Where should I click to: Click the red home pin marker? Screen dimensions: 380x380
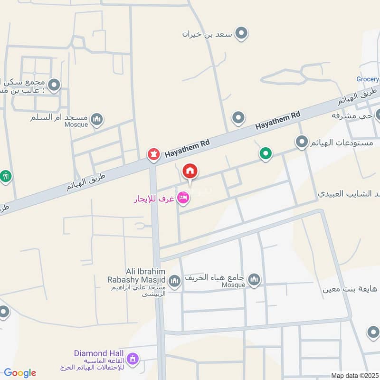190,171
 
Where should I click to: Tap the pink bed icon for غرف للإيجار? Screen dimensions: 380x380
183,197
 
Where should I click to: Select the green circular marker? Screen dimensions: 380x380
266,153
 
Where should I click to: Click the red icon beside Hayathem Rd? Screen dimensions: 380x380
153,154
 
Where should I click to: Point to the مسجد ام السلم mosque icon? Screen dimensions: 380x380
97,119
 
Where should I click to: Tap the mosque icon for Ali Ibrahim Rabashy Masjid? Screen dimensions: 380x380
174,281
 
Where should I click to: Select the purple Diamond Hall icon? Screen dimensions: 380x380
133,358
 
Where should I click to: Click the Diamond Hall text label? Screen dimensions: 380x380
99,353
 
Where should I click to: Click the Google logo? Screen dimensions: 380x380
20,373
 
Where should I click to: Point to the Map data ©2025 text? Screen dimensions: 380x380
354,376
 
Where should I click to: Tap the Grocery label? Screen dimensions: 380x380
368,79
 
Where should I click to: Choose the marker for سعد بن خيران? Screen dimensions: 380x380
242,33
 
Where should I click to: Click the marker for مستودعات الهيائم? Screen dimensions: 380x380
302,142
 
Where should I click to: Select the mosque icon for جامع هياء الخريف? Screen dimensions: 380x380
255,279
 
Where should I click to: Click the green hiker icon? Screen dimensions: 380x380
5,176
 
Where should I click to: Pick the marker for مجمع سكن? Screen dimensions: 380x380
55,85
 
